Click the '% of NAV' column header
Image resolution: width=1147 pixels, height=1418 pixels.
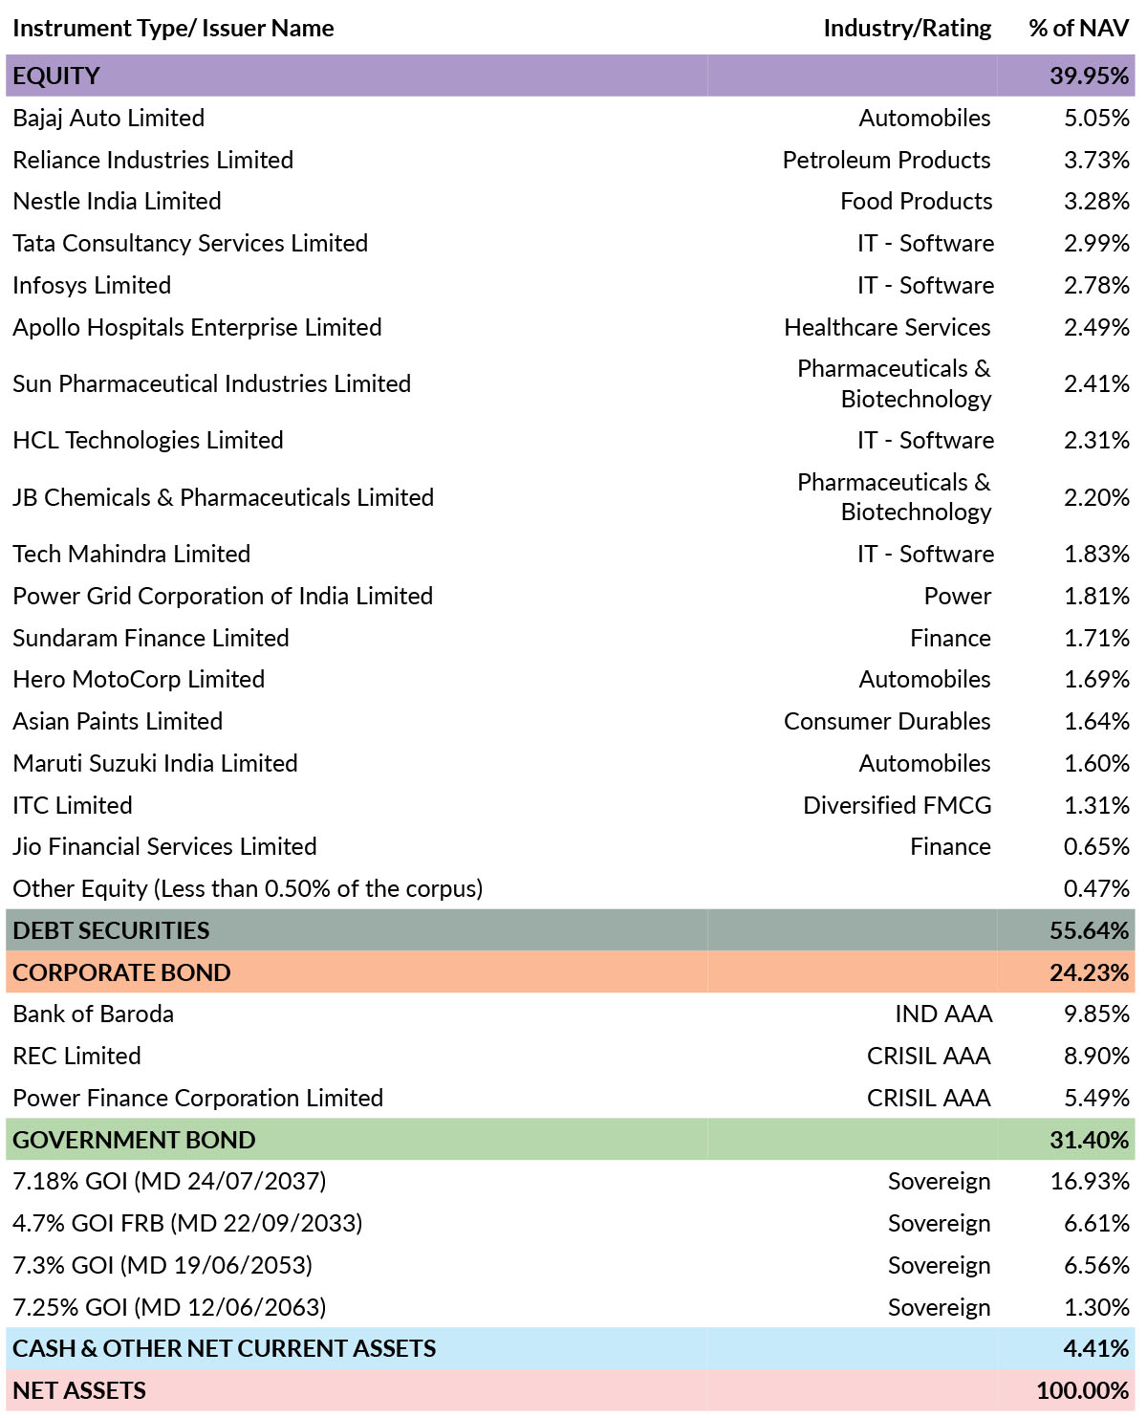coord(1078,28)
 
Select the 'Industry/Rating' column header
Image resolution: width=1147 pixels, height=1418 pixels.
coord(907,29)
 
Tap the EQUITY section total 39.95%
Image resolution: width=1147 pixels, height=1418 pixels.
coord(1089,76)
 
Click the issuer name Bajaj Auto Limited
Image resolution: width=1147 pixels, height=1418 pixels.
coord(108,118)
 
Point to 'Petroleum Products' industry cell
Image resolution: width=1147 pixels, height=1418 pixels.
coord(886,160)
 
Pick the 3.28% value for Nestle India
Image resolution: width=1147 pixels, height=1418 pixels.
coord(1096,201)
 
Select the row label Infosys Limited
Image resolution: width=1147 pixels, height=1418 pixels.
coord(92,285)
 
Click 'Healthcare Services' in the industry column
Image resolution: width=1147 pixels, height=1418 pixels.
coord(887,327)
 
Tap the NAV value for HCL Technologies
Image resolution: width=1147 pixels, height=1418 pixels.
coord(1096,440)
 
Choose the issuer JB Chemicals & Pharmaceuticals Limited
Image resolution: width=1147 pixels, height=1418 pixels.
coord(223,497)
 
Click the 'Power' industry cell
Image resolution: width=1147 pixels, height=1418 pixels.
coord(958,596)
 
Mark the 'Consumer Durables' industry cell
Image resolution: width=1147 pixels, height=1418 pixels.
coord(887,721)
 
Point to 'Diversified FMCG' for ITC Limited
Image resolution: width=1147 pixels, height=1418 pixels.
coord(897,805)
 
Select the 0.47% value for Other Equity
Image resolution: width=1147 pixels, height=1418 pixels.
coord(1096,888)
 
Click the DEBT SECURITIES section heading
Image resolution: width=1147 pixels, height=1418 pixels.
coord(111,930)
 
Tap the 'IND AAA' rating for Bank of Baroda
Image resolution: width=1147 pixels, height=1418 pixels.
coord(942,1014)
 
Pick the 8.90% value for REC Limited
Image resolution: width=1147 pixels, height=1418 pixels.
coord(1096,1056)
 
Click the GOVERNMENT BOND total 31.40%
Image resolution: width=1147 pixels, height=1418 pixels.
coord(1089,1139)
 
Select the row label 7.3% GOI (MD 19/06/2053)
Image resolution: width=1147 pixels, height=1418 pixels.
coord(162,1264)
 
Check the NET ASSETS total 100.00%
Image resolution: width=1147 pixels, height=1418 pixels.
coord(1082,1390)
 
